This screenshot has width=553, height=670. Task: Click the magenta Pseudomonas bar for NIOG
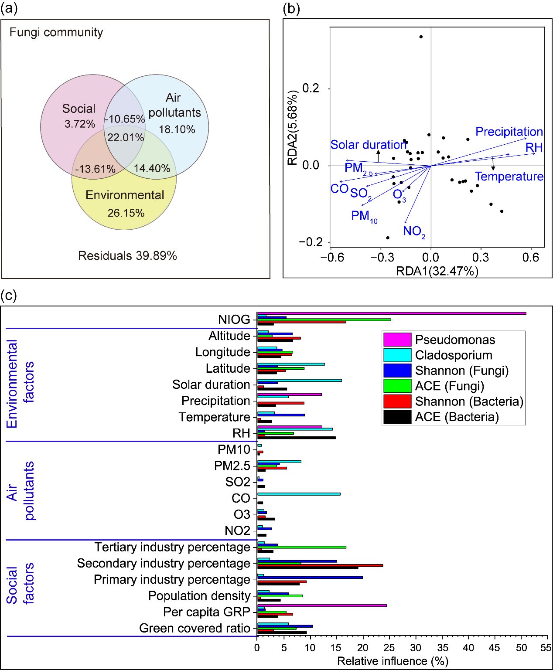[x=392, y=313]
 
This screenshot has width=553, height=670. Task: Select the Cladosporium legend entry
[x=454, y=355]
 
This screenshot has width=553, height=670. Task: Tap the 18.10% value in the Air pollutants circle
[x=177, y=129]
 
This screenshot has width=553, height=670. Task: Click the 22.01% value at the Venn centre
[x=126, y=138]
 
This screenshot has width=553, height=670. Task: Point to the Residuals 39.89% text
[x=127, y=256]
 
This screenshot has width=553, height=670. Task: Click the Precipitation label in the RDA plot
[x=509, y=132]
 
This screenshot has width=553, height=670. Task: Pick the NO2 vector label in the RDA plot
[x=413, y=231]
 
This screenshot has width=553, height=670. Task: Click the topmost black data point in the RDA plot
[x=421, y=37]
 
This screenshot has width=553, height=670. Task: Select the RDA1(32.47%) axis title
[x=437, y=271]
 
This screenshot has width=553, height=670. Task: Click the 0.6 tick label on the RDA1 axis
[x=530, y=258]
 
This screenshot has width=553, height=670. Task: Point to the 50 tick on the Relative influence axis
[x=521, y=648]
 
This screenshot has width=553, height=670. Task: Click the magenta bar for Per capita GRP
[x=322, y=605]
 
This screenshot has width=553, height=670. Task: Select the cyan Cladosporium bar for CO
[x=299, y=494]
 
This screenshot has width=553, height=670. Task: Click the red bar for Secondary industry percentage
[x=320, y=565]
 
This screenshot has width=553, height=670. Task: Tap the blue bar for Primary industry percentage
[x=310, y=578]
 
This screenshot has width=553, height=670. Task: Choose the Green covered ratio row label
[x=195, y=628]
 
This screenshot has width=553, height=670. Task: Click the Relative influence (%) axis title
[x=393, y=661]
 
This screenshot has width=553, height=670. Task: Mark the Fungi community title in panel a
[x=56, y=32]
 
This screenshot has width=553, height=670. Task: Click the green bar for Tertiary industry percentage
[x=302, y=547]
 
